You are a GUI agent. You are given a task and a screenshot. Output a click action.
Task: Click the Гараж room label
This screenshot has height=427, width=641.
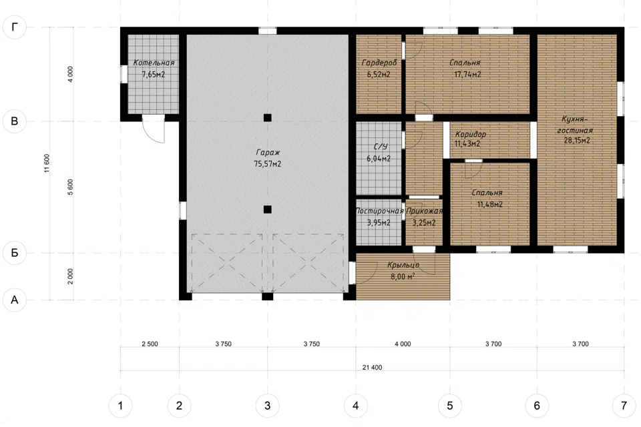click(268, 152)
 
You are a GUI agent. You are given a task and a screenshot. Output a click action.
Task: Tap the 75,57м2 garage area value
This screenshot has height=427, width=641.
click(267, 164)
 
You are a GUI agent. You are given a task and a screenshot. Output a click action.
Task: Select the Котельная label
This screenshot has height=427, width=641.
click(154, 63)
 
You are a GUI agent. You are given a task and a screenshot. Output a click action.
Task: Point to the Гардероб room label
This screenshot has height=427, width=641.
click(379, 63)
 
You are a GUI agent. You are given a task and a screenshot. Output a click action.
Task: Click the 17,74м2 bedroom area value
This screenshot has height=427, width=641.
click(467, 74)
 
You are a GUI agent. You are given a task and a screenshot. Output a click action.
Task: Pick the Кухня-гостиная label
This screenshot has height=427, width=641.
click(575, 125)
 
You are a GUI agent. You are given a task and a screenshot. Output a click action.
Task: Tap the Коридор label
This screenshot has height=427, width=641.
click(471, 133)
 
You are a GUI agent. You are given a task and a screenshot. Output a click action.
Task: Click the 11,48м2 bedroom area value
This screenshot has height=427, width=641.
click(489, 204)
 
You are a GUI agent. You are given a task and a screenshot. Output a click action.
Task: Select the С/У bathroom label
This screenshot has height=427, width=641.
click(380, 147)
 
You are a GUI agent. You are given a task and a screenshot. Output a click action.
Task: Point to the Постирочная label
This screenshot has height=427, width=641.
click(380, 211)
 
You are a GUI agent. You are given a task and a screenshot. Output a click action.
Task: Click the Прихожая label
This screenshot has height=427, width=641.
click(425, 211)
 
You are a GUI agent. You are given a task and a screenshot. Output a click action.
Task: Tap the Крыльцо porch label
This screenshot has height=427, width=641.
click(403, 265)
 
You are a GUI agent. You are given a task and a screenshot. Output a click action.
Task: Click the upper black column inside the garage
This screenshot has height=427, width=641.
click(267, 117)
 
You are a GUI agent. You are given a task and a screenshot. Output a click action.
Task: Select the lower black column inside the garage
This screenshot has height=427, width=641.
click(267, 209)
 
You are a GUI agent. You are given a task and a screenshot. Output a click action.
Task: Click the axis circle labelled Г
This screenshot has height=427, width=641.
click(14, 27)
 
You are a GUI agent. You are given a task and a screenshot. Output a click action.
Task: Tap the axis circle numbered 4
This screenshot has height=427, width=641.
click(356, 406)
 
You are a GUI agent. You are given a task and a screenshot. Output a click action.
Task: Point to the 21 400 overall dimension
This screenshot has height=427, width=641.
click(372, 368)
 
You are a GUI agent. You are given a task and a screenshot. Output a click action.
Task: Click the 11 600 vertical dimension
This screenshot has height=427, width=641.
click(47, 163)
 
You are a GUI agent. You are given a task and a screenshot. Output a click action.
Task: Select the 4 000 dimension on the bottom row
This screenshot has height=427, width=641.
click(403, 344)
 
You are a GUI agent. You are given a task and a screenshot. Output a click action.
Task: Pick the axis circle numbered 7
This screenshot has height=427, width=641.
click(624, 406)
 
